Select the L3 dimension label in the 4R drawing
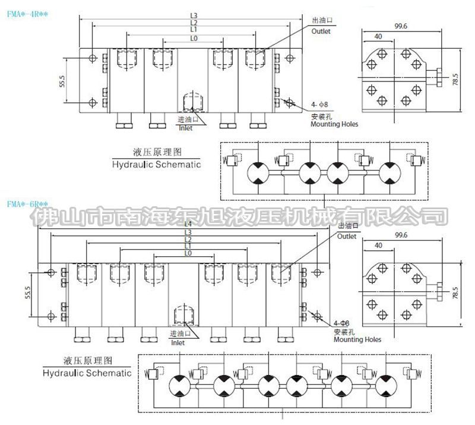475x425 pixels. (x=194, y=15)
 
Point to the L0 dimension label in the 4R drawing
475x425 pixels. (x=194, y=37)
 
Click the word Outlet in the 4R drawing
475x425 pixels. (x=321, y=32)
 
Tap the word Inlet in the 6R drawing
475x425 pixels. (x=178, y=343)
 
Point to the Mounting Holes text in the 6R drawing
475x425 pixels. (x=357, y=339)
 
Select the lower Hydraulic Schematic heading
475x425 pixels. (x=87, y=373)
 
